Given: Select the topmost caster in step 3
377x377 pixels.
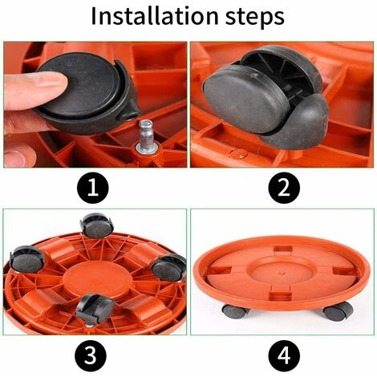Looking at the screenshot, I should (95, 228).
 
